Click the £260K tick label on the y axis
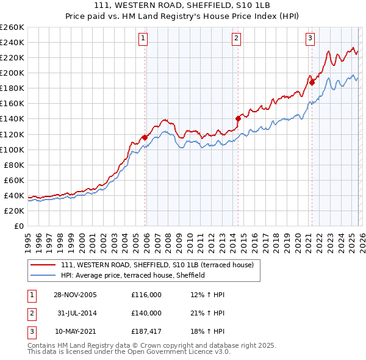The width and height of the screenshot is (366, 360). (x=12, y=27)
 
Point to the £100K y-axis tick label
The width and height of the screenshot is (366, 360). (x=12, y=149)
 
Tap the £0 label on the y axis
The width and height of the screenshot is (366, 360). (x=18, y=226)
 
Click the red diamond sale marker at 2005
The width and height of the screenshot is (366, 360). (x=145, y=137)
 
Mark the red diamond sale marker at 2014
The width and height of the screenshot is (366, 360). (x=238, y=118)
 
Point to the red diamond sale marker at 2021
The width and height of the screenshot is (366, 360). (x=311, y=82)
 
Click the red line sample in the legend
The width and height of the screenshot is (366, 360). (x=43, y=265)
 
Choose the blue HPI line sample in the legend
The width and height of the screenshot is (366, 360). (x=43, y=275)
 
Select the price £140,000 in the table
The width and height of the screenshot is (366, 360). (x=146, y=313)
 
